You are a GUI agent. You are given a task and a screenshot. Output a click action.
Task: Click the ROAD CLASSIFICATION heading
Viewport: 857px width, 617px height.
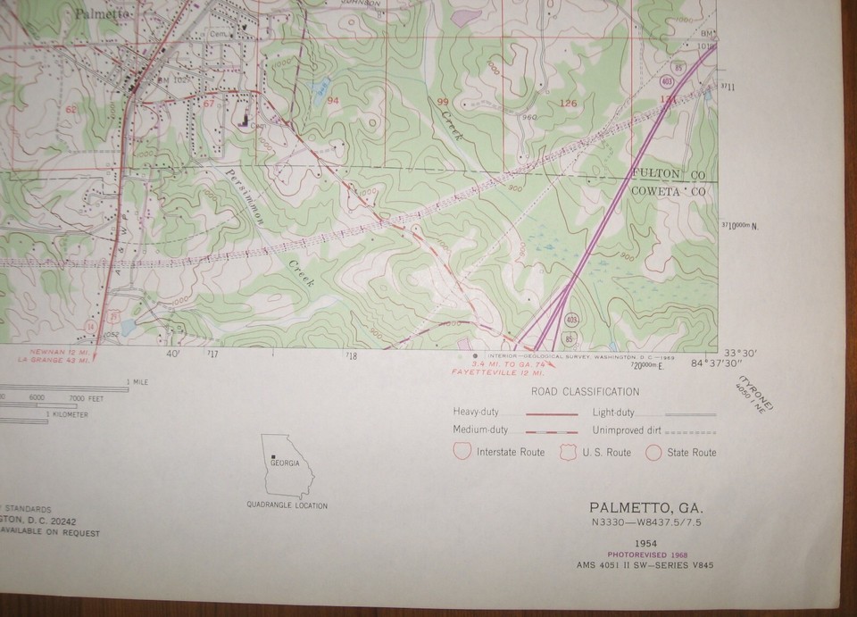click(x=585, y=392)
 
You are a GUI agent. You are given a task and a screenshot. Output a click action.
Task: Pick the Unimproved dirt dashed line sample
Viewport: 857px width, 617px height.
click(x=691, y=431)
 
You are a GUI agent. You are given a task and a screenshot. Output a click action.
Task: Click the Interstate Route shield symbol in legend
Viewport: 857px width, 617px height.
click(x=462, y=451)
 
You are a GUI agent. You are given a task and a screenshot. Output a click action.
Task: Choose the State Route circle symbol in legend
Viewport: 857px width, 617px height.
click(x=653, y=452)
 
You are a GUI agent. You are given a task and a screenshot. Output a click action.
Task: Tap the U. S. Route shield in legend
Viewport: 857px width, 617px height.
click(x=569, y=452)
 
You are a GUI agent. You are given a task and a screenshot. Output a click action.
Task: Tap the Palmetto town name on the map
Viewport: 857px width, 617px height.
click(x=102, y=14)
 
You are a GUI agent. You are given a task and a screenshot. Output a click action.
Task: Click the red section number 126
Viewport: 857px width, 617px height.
click(x=568, y=104)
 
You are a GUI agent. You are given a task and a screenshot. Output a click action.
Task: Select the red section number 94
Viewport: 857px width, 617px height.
click(x=333, y=101)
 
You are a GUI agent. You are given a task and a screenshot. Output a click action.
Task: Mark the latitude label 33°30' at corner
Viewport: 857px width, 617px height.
click(x=739, y=352)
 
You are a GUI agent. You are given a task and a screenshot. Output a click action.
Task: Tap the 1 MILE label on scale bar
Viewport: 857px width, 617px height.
click(x=139, y=382)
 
